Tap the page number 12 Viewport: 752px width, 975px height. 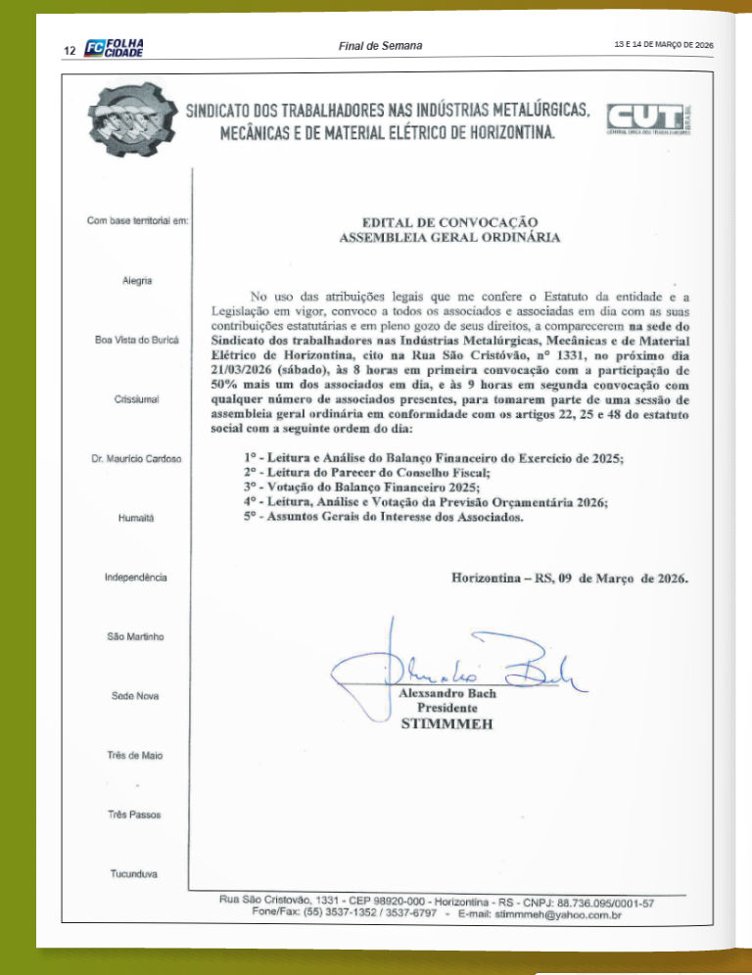click(x=70, y=50)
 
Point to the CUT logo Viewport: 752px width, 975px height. click(x=648, y=121)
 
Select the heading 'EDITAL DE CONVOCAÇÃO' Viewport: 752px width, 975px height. click(x=449, y=222)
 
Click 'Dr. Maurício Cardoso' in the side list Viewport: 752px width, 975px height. click(x=135, y=458)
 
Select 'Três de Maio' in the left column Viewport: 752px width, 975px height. click(x=135, y=755)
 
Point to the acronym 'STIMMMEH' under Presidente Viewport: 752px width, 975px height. click(x=446, y=725)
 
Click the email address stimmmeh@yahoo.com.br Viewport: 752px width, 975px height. click(x=558, y=912)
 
